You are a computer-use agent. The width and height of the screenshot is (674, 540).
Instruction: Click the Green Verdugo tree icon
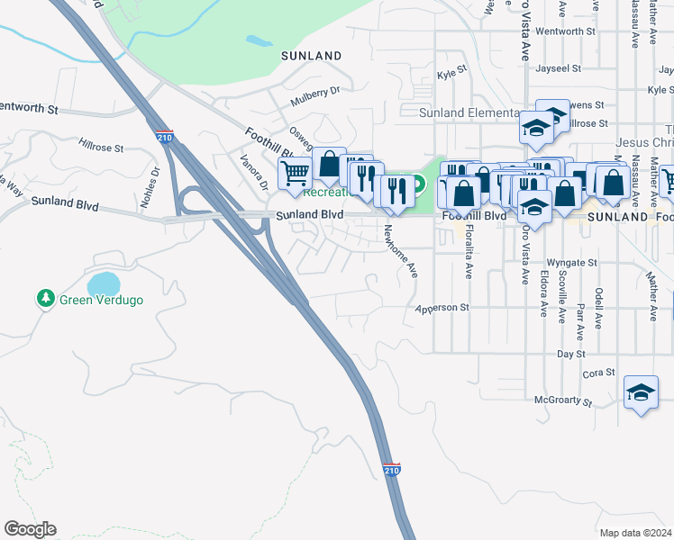click(45, 298)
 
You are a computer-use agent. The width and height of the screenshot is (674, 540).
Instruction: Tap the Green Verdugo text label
click(101, 299)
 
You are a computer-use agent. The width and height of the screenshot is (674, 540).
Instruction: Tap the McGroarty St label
click(563, 400)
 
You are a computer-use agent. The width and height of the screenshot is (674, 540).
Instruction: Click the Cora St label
click(598, 373)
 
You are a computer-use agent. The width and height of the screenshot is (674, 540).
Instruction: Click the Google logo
click(30, 529)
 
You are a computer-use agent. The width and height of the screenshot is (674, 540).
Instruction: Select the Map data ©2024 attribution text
click(634, 533)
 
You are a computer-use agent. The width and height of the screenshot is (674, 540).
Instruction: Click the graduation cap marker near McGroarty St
click(641, 392)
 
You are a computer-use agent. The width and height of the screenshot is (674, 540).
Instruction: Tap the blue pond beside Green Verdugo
click(104, 283)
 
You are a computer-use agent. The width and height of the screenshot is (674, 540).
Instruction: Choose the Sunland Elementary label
click(469, 112)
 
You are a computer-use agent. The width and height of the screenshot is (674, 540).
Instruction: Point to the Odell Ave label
click(598, 304)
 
